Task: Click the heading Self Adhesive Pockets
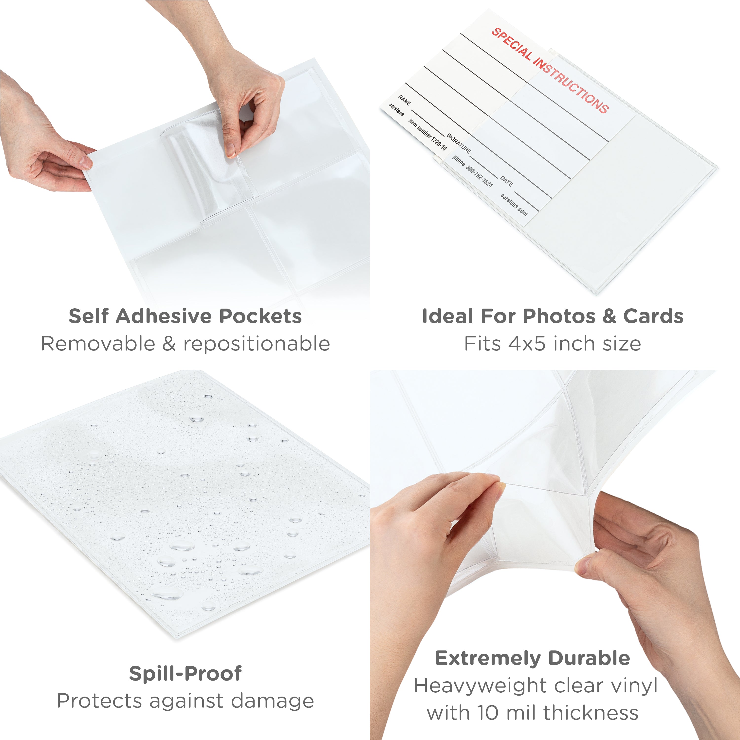coord(185,316)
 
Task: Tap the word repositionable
coord(257,344)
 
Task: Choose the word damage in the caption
coord(273,701)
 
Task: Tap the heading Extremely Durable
coord(532,658)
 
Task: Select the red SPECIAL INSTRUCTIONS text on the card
coord(550,71)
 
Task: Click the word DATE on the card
coord(506,181)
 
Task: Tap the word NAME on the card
coord(405,100)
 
